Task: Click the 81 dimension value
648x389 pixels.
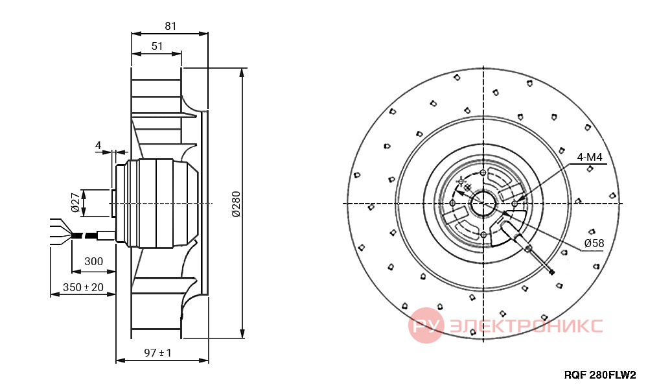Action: coord(170,26)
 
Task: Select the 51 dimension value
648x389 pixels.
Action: coord(157,46)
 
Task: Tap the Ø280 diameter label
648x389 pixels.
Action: coord(236,204)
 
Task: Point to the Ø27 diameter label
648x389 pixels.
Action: coord(75,202)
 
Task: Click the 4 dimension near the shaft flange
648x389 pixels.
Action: coord(98,145)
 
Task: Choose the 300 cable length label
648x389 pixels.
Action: coord(93,261)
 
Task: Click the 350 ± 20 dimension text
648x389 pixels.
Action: coord(83,287)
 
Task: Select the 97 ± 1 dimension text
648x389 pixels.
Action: coord(157,353)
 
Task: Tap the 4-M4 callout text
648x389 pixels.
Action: coord(590,157)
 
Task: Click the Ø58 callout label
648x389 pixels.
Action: coord(594,243)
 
